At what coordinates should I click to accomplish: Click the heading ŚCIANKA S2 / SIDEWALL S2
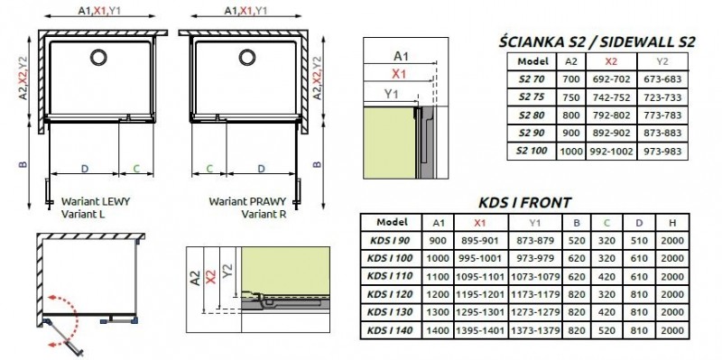[x=597, y=42]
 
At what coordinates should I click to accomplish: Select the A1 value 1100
[x=438, y=275]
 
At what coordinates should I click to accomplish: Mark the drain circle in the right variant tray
[x=246, y=57]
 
